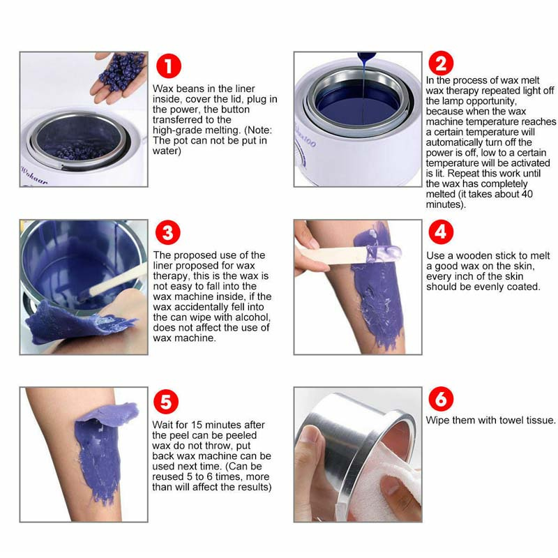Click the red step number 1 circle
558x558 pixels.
(168, 66)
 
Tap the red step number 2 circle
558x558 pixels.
(441, 63)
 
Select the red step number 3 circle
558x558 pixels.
(167, 232)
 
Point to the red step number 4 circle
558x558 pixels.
(441, 232)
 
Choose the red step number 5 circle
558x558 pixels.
(166, 402)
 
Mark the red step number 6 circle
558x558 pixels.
(441, 398)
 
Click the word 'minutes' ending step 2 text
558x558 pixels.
(446, 204)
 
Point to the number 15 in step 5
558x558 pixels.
(197, 425)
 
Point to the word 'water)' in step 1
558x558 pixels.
(167, 151)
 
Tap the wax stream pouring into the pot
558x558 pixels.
(363, 89)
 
